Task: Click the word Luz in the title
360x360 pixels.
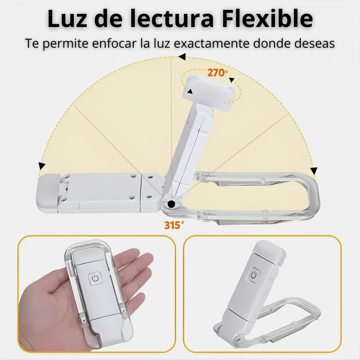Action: click(67, 19)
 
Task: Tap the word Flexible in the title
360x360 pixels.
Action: click(267, 18)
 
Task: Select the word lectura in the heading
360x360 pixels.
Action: click(172, 19)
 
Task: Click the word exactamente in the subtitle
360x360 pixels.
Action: click(211, 43)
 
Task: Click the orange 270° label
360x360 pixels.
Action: click(217, 73)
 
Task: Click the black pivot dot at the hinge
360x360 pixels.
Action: click(171, 204)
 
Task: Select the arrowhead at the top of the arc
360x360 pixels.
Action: click(182, 57)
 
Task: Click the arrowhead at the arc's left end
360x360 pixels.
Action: click(41, 166)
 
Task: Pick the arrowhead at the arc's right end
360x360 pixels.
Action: click(314, 171)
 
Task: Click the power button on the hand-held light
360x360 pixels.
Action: click(95, 278)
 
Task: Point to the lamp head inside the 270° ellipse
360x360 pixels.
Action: click(208, 92)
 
